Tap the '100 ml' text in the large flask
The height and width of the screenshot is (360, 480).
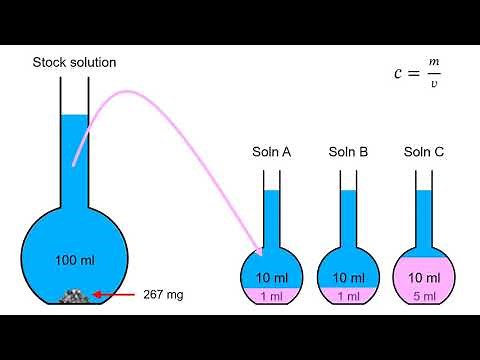[x=76, y=260]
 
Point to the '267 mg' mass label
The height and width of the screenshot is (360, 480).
[x=164, y=295]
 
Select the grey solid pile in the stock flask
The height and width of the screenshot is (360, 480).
[x=76, y=295]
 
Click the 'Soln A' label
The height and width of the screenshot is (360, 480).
[x=271, y=152]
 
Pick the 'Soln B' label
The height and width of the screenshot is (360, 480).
[x=348, y=152]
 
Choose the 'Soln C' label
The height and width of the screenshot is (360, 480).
[x=423, y=152]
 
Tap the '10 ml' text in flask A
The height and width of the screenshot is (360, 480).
[x=271, y=277]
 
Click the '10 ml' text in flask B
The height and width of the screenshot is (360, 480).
[x=348, y=277]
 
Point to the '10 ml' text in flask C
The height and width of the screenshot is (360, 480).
[x=423, y=277]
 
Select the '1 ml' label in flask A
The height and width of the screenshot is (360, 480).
[x=271, y=296]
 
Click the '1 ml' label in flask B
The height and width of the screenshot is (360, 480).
[x=348, y=296]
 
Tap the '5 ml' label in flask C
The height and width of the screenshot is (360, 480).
[x=423, y=296]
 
